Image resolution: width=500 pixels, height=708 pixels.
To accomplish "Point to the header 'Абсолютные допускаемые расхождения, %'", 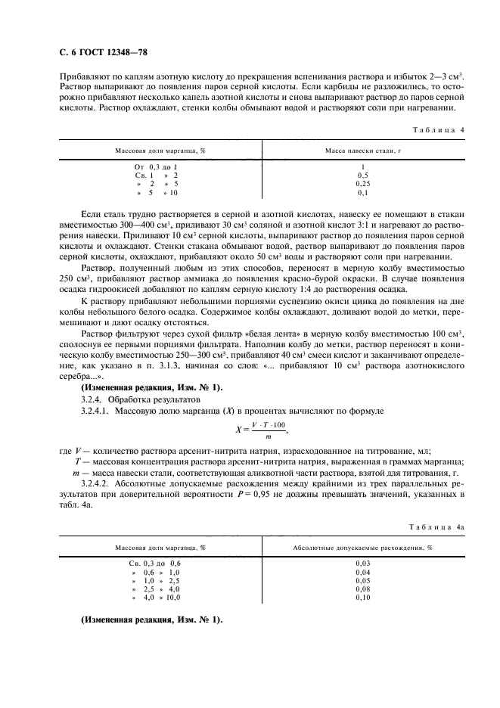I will click(x=363, y=547).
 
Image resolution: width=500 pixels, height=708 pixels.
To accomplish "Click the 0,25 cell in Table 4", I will click(x=363, y=183).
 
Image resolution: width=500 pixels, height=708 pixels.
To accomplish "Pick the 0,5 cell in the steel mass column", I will click(x=363, y=175).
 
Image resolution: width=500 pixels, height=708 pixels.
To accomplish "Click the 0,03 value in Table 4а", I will click(x=363, y=564).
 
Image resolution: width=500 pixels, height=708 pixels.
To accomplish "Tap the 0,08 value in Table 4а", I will click(x=363, y=588).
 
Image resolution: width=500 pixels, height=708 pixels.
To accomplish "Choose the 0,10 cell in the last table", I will click(x=363, y=597).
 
